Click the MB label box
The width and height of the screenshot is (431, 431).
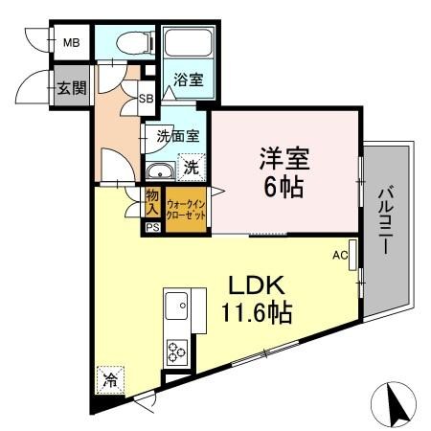tap(70, 43)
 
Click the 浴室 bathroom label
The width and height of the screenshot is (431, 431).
tap(188, 81)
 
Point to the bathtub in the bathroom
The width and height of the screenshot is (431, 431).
tap(189, 44)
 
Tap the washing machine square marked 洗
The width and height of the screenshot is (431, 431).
tap(192, 168)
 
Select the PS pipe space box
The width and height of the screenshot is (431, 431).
tap(152, 228)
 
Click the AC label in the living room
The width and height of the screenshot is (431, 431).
tap(340, 256)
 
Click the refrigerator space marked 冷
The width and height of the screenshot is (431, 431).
tap(110, 379)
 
